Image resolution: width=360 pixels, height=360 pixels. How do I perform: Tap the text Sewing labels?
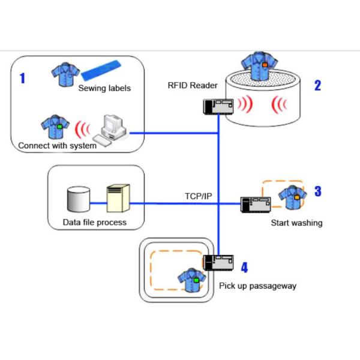(x=104, y=89)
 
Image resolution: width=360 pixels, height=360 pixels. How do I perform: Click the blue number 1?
(x=23, y=78)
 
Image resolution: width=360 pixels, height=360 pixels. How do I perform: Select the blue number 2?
(x=317, y=85)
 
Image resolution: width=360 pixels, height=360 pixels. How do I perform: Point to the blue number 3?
(x=317, y=191)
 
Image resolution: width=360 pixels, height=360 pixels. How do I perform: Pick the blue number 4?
(x=244, y=267)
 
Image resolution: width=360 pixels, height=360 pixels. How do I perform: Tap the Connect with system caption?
(x=58, y=145)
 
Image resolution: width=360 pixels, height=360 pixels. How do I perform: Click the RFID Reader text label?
(x=192, y=85)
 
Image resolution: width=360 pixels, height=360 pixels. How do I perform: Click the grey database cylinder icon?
(x=78, y=199)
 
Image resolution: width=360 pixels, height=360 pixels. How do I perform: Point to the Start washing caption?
(x=296, y=223)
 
